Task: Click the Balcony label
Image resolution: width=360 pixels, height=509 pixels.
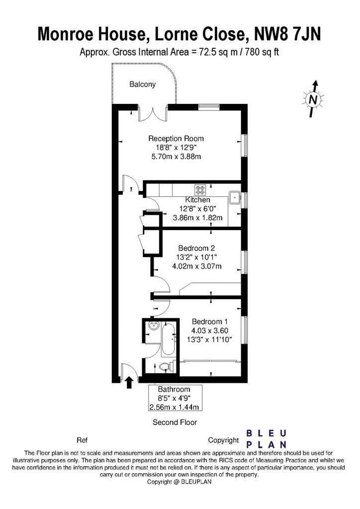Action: pos(143,85)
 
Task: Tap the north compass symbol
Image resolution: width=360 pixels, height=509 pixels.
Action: pos(313,99)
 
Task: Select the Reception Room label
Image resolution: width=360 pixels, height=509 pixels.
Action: pos(176,139)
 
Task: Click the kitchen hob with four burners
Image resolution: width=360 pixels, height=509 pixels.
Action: pos(200,189)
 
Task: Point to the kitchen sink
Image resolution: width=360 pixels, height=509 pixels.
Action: pos(234,197)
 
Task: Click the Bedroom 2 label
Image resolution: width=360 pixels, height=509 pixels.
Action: pos(196,249)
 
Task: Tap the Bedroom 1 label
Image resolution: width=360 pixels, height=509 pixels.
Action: pos(209,322)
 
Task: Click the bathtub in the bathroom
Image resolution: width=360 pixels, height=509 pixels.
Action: pos(168,339)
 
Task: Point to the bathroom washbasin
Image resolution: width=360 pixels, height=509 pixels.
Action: pos(153,325)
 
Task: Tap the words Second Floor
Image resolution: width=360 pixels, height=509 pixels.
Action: pos(175,423)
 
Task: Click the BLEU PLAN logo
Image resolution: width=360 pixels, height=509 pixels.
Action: pos(267,439)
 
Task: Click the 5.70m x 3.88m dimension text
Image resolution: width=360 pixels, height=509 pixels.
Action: pos(176,157)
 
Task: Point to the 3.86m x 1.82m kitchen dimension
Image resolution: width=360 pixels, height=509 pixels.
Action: pos(198,218)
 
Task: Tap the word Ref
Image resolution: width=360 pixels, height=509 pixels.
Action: pos(82,440)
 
